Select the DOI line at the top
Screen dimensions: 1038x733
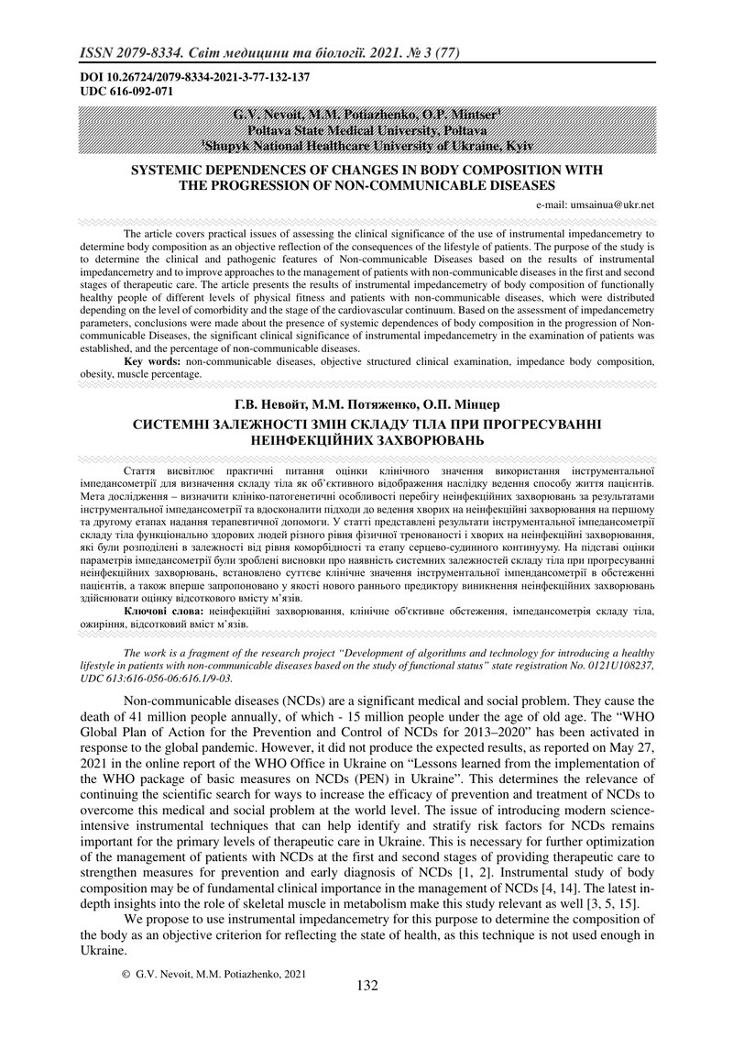[x=195, y=77]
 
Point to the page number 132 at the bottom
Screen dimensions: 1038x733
[x=366, y=986]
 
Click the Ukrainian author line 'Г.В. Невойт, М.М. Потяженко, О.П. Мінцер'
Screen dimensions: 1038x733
[x=366, y=404]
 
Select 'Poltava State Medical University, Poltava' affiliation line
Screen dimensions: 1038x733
[x=366, y=130]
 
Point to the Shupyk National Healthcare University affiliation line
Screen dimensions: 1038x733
[x=366, y=145]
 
